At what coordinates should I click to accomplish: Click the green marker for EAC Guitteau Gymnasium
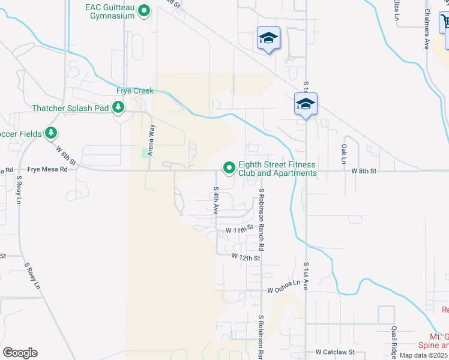[x=144, y=10]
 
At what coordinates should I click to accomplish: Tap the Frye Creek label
[x=135, y=91]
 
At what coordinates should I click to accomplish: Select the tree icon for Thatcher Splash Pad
[x=119, y=107]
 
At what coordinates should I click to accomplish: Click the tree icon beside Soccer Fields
[x=51, y=133]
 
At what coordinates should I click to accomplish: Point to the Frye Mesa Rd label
[x=47, y=170]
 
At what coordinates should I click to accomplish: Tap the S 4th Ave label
[x=215, y=200]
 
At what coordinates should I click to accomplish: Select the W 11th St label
[x=237, y=230]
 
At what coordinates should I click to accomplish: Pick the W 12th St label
[x=246, y=257]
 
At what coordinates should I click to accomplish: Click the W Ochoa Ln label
[x=283, y=286]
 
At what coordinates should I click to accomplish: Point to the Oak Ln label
[x=344, y=154]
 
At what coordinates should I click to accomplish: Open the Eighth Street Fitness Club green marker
[x=229, y=169]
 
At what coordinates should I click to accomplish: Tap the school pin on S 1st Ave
[x=306, y=104]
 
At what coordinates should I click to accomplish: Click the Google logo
[x=20, y=353]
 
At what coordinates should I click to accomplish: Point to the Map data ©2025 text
[x=424, y=355]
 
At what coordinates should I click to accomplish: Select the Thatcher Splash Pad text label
[x=72, y=108]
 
